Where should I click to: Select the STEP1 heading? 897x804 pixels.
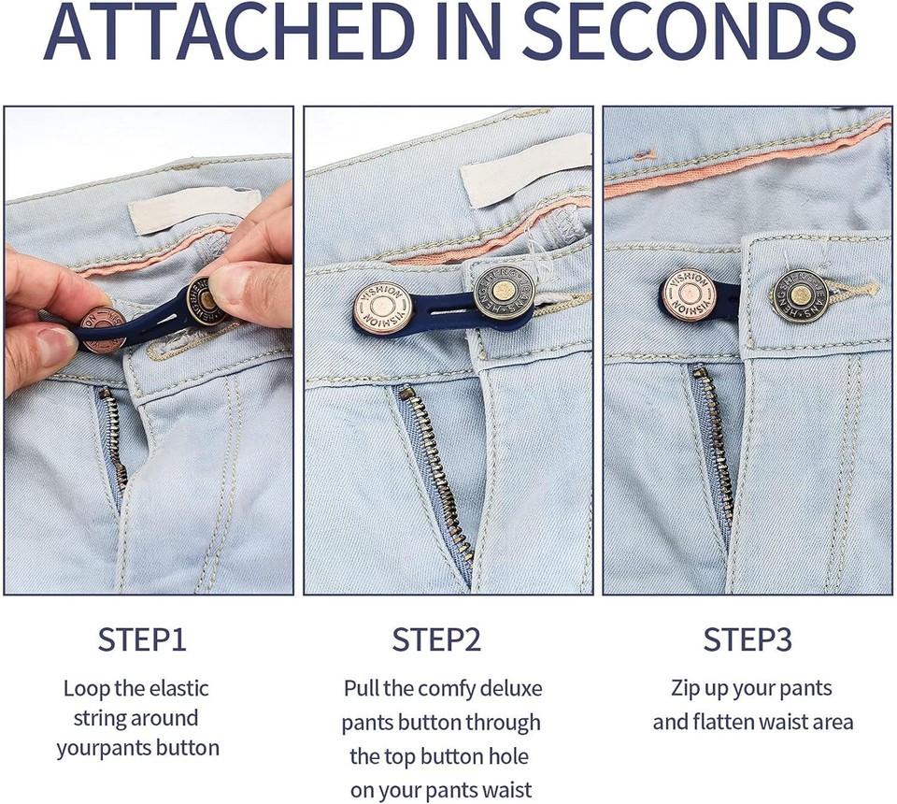[x=142, y=640]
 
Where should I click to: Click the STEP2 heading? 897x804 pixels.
[x=436, y=640]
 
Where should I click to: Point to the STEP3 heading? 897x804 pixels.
[x=747, y=640]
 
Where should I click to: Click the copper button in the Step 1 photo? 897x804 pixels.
[x=103, y=329]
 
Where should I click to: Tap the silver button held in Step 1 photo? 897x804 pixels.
[x=207, y=301]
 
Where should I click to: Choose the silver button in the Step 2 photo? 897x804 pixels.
[x=503, y=294]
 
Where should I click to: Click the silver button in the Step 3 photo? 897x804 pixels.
[x=800, y=295]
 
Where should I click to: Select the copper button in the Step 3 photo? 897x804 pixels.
[x=690, y=293]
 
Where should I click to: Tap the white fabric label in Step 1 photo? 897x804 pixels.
[x=194, y=210]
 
